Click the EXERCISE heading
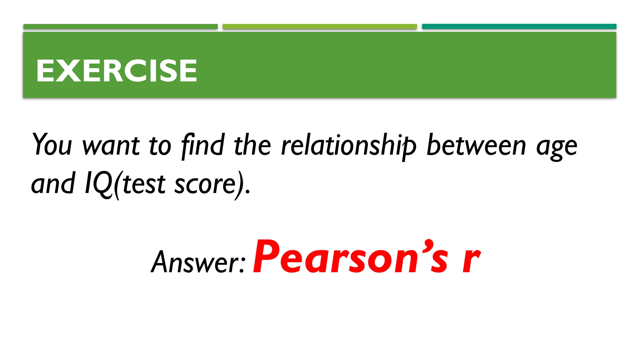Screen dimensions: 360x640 116,71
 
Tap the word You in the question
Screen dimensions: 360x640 52,145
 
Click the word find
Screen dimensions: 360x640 203,145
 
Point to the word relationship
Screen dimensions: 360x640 349,145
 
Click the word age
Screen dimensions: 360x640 557,147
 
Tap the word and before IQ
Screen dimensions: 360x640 53,183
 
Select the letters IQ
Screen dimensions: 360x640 98,184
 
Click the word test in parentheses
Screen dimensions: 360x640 144,184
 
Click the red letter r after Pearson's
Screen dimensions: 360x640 471,260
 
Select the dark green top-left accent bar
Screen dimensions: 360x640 120,27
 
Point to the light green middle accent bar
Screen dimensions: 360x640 320,27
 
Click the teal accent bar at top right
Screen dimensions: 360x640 519,27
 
